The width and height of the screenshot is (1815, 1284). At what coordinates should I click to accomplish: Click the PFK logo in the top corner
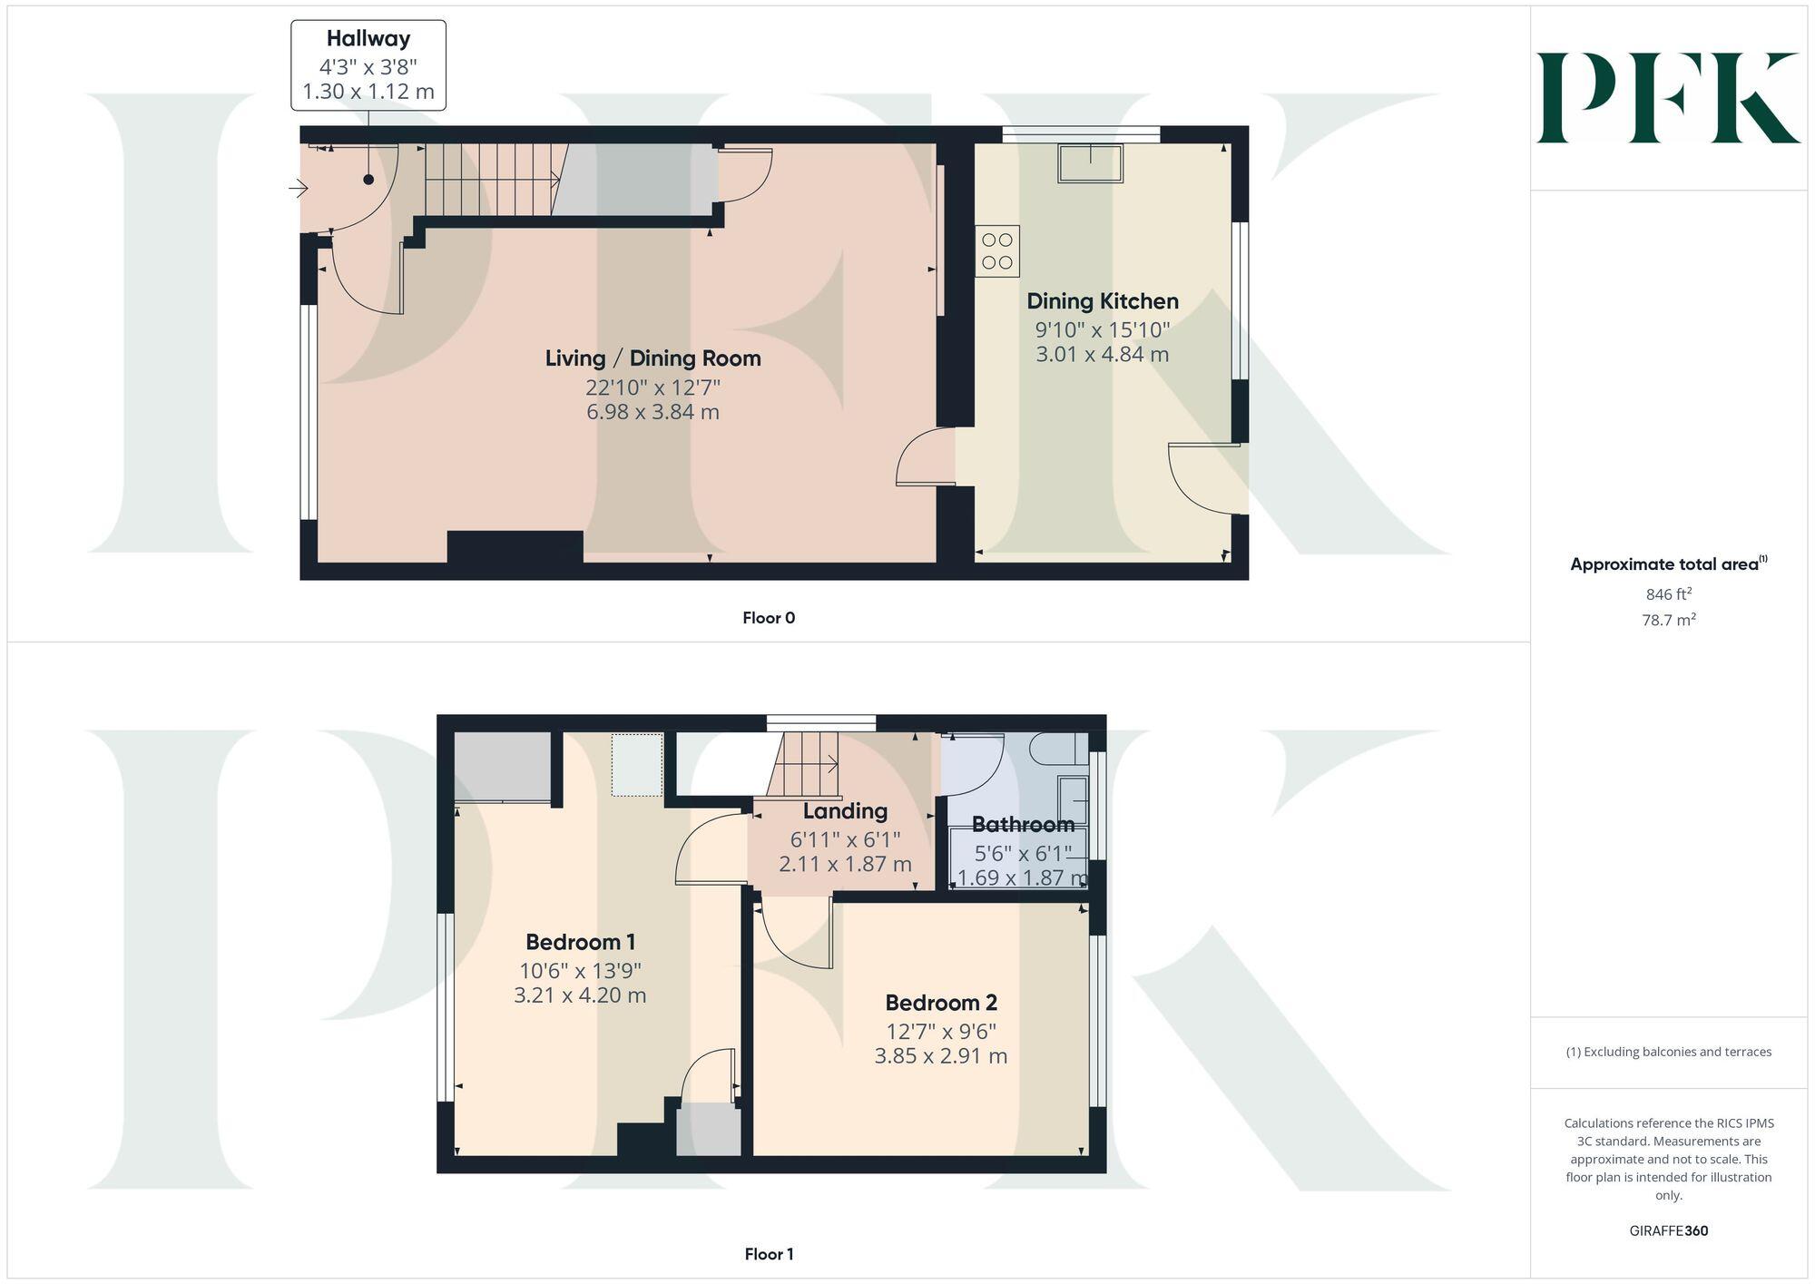[x=1667, y=98]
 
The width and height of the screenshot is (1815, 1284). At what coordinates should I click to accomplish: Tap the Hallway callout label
[x=368, y=65]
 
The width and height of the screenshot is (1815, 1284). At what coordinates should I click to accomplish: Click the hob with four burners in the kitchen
[x=997, y=251]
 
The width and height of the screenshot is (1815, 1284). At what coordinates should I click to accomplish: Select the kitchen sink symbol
[x=1090, y=163]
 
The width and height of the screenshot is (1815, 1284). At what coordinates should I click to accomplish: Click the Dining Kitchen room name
[x=1102, y=301]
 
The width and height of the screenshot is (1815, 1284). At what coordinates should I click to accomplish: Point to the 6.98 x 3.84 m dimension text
[x=652, y=412]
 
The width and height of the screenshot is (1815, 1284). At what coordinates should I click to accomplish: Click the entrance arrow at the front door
[x=298, y=189]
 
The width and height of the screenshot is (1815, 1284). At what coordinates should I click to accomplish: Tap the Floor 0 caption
[x=768, y=618]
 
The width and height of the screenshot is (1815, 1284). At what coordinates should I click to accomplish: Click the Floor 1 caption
[x=768, y=1254]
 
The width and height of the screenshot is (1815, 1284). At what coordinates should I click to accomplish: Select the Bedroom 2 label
[x=940, y=1003]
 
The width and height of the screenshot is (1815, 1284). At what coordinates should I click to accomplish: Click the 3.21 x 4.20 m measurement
[x=580, y=995]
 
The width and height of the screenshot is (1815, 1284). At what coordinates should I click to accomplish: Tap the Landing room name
[x=845, y=811]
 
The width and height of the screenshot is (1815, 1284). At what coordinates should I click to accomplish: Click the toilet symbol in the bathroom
[x=1057, y=750]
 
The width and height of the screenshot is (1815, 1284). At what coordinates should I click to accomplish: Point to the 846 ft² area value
[x=1668, y=594]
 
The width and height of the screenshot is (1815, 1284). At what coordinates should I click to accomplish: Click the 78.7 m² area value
[x=1668, y=620]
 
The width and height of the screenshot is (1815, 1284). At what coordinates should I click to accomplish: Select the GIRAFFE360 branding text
[x=1668, y=1230]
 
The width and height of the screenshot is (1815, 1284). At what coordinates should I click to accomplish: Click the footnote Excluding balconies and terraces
[x=1668, y=1052]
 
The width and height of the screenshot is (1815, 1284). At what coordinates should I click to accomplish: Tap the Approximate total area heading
[x=1668, y=564]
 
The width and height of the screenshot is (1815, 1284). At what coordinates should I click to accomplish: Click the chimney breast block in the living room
[x=515, y=547]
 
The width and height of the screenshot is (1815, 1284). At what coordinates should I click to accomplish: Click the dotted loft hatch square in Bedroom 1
[x=637, y=765]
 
